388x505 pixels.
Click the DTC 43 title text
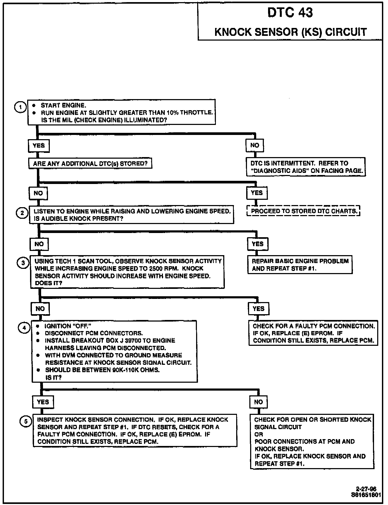290,13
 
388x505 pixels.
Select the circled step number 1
20,107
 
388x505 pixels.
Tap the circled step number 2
22,213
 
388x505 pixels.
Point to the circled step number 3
23,263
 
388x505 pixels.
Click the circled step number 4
24,328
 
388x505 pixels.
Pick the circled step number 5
26,421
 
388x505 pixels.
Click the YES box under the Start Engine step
39,146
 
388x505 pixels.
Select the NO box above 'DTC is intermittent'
255,145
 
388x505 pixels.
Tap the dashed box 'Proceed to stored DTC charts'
304,211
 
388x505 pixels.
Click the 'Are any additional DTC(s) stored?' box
90,164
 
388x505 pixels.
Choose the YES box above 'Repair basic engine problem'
258,244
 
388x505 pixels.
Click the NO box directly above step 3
39,244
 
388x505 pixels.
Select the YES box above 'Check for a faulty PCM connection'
258,309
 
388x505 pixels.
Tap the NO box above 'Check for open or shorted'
258,402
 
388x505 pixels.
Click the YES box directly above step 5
43,402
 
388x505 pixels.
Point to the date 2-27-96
366,489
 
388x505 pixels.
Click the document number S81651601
366,495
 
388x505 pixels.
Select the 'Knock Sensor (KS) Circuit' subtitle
290,32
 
